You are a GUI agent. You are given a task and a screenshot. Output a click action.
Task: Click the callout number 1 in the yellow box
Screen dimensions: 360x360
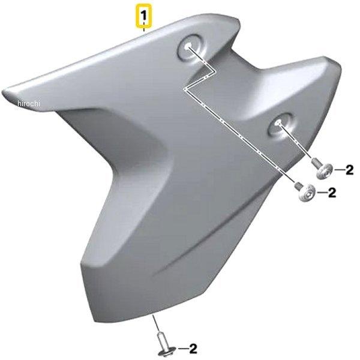tap(143, 16)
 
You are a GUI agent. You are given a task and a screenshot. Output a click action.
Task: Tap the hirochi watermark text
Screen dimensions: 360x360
tap(29, 103)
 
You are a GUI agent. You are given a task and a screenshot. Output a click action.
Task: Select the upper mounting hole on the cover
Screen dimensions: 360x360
tap(189, 47)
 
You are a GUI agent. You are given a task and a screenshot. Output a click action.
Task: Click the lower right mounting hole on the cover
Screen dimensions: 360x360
tap(280, 125)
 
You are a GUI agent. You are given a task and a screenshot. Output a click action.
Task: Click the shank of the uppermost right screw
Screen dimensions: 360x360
tap(315, 163)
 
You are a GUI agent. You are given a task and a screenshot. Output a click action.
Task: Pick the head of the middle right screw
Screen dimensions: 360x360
tap(307, 193)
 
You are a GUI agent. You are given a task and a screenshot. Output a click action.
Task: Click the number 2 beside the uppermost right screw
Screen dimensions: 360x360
tap(349, 170)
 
